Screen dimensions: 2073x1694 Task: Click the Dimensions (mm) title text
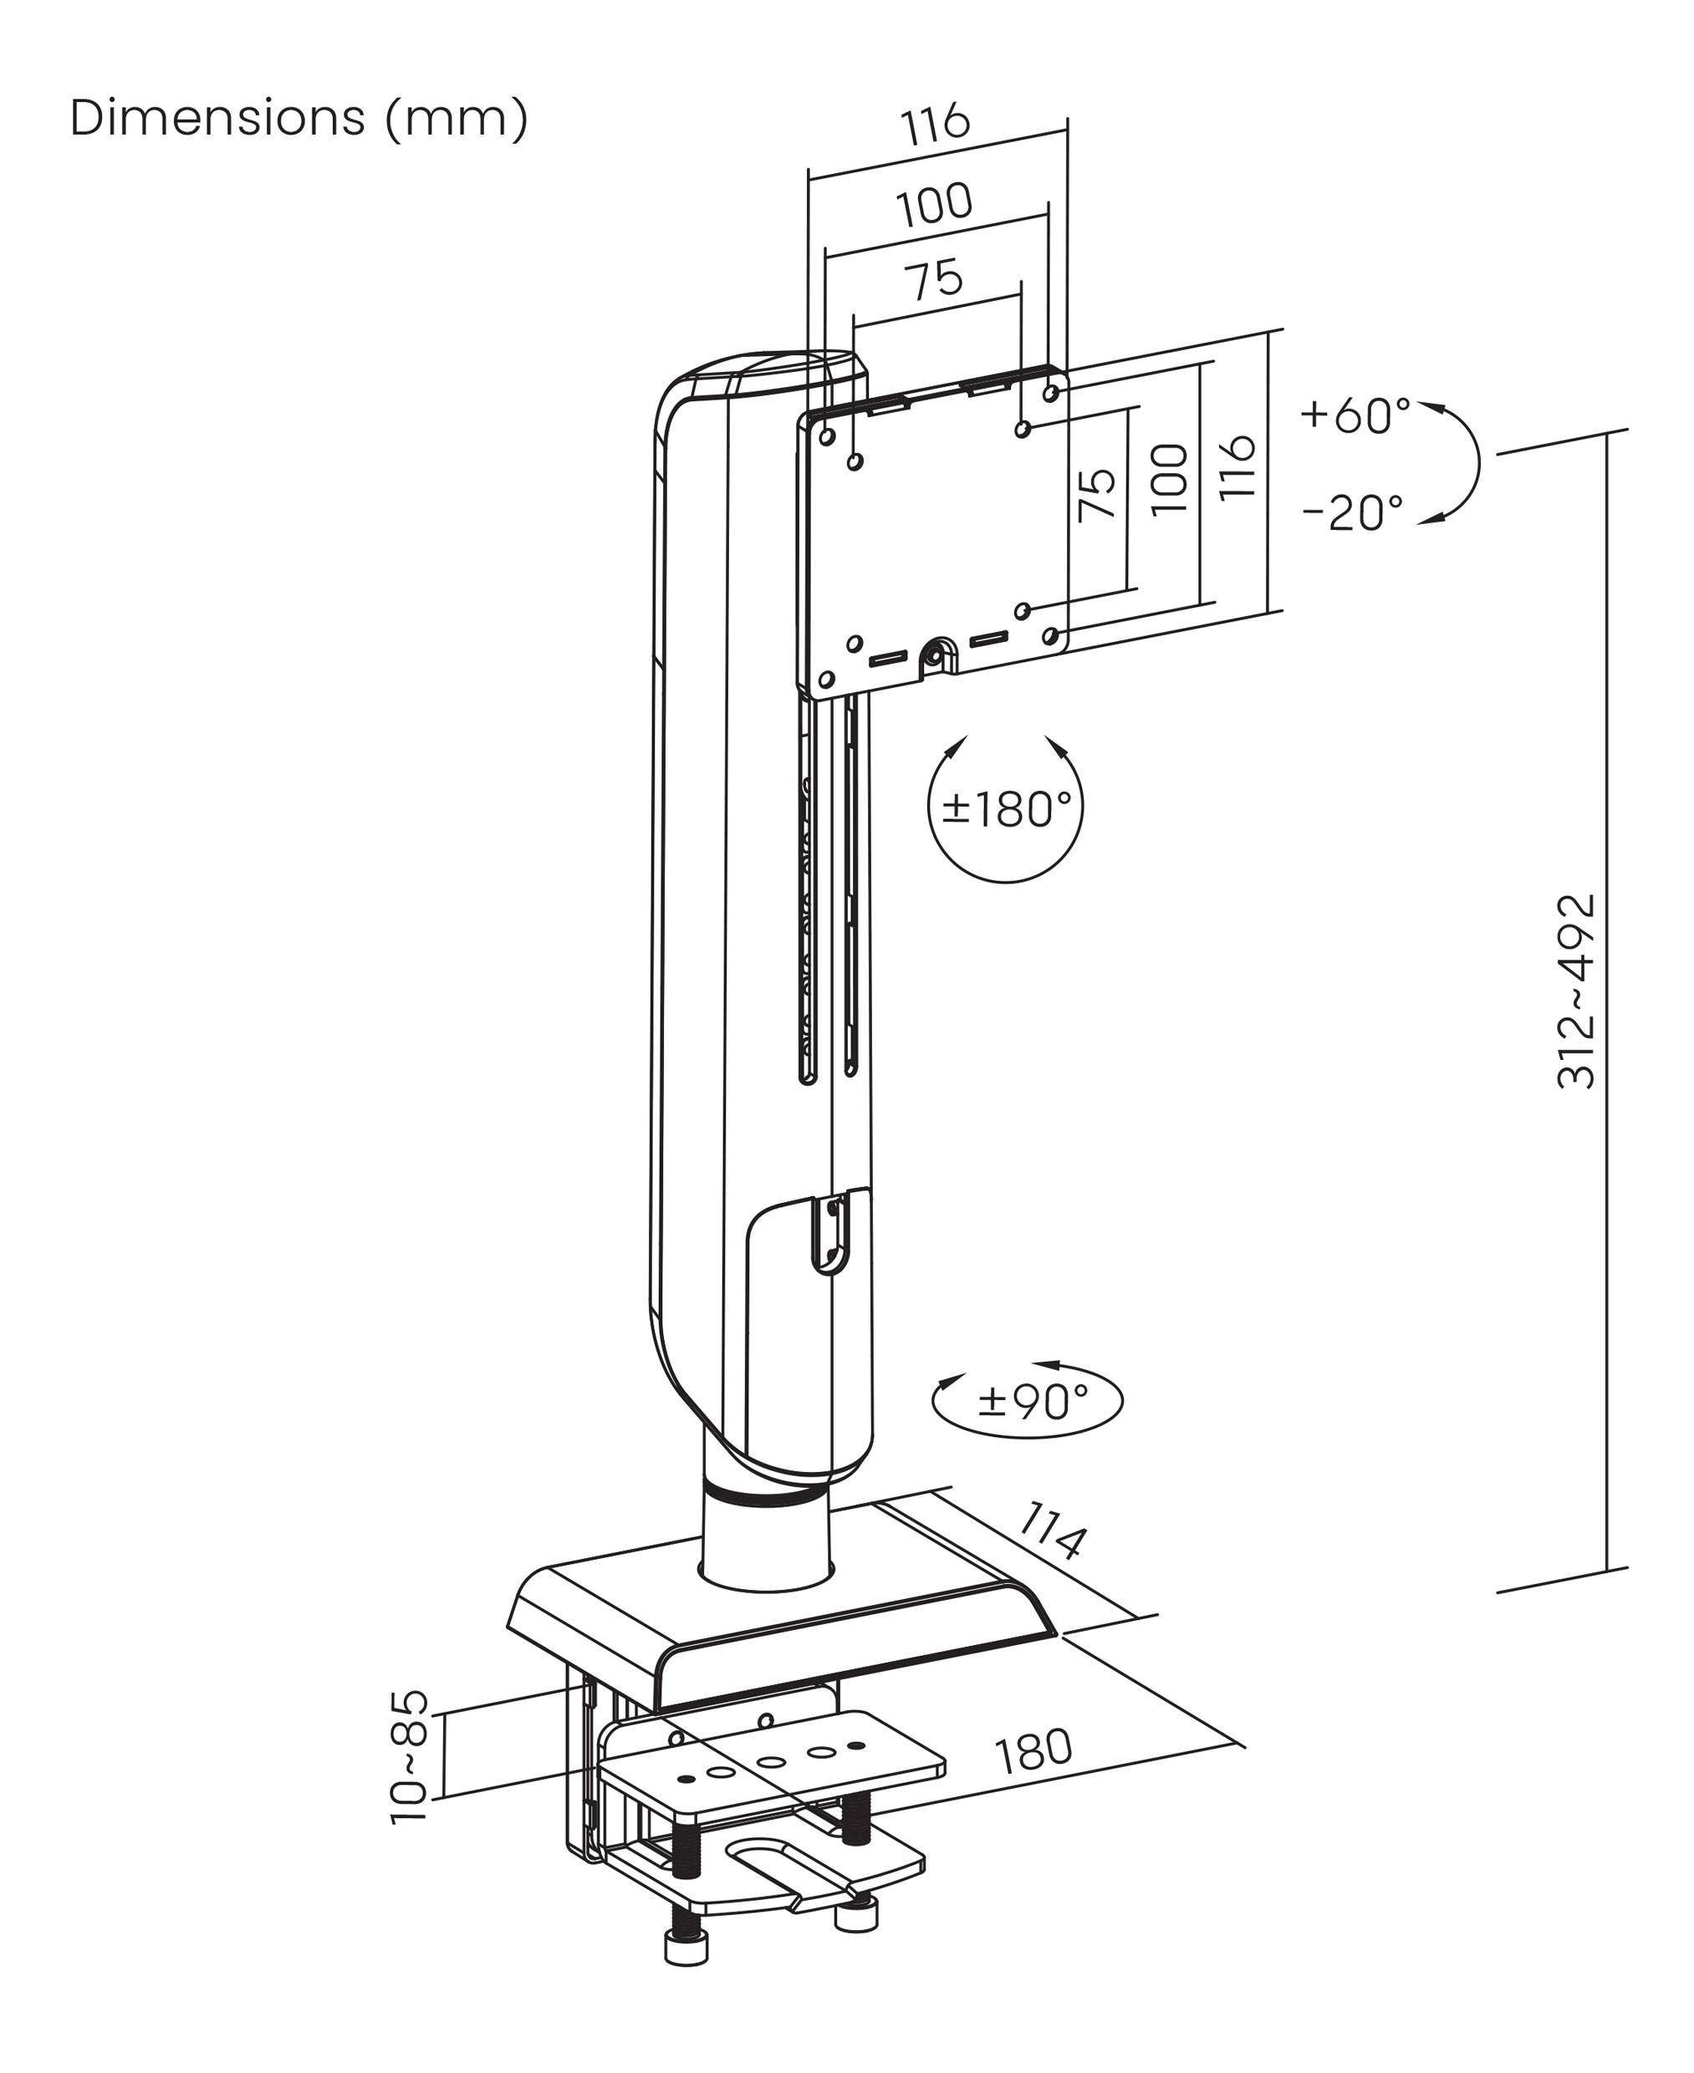click(x=299, y=118)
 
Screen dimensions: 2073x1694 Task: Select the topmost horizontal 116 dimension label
click(x=935, y=124)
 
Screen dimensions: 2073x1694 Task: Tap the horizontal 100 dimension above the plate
click(x=935, y=204)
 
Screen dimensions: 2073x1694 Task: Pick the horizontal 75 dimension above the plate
click(x=936, y=280)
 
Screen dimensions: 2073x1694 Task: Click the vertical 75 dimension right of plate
click(x=1097, y=495)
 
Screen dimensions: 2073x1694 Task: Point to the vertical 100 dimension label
click(x=1169, y=479)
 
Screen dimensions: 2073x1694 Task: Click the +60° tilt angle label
click(x=1355, y=415)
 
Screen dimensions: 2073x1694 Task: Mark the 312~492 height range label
click(x=1576, y=991)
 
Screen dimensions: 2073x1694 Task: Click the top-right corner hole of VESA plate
click(x=1051, y=392)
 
